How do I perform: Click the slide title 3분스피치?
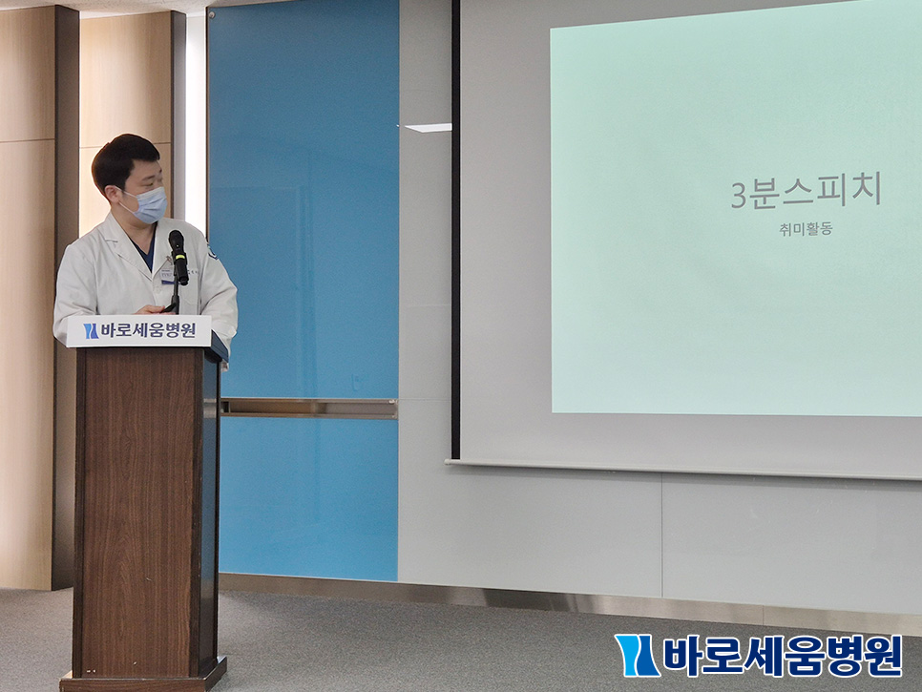(x=806, y=192)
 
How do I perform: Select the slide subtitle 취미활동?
(x=806, y=229)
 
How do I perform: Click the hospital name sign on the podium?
(x=138, y=331)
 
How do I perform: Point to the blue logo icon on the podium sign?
(x=91, y=331)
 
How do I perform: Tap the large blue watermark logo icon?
(x=637, y=655)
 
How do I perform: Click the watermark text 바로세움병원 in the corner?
(x=782, y=655)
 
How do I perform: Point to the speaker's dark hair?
(x=123, y=157)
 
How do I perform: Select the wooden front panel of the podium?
(x=139, y=512)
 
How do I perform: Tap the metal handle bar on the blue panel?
(x=308, y=409)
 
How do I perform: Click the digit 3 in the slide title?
(x=739, y=196)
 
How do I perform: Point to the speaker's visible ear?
(x=112, y=191)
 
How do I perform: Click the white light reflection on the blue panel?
(x=428, y=128)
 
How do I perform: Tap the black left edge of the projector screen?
(x=455, y=229)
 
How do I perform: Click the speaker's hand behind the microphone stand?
(x=152, y=309)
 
